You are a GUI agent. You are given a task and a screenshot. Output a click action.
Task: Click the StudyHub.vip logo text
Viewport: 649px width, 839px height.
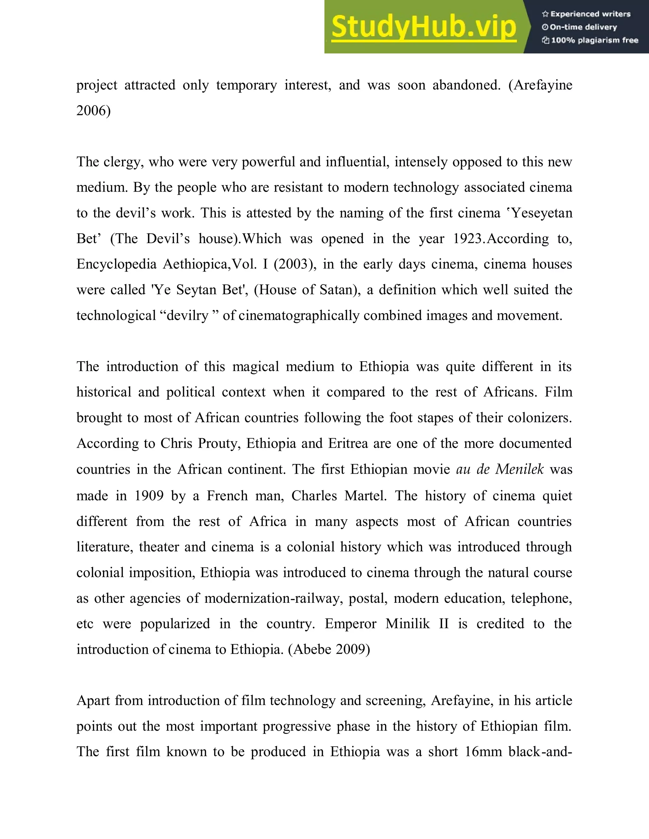click(x=423, y=27)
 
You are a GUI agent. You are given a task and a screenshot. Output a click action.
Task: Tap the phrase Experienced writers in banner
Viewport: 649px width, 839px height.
click(x=590, y=14)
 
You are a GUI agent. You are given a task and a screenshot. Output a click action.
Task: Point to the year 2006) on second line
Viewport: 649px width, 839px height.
click(x=93, y=110)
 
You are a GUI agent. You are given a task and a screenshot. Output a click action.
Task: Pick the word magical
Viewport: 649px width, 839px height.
click(x=256, y=367)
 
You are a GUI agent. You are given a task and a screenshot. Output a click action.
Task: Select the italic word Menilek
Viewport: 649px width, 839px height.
click(x=519, y=469)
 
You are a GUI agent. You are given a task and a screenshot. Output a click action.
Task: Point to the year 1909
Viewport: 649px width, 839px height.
click(x=149, y=495)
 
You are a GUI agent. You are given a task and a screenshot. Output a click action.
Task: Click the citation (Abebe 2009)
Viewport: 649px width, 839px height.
click(x=329, y=649)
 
